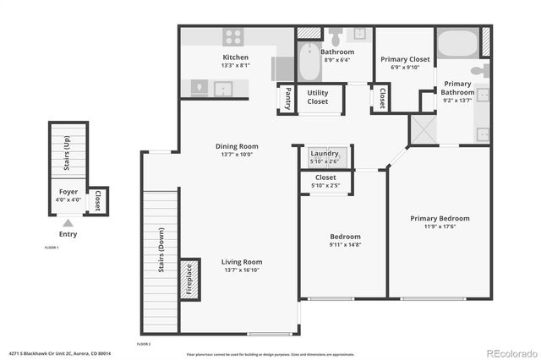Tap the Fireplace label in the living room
pyautogui.click(x=190, y=280)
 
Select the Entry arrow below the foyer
pyautogui.click(x=67, y=222)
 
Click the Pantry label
pyautogui.click(x=288, y=99)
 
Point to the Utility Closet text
pyautogui.click(x=318, y=97)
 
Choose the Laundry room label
pyautogui.click(x=325, y=154)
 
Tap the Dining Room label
pyautogui.click(x=237, y=146)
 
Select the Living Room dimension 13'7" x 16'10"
pyautogui.click(x=242, y=270)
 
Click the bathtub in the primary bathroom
pyautogui.click(x=456, y=41)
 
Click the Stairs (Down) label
pyautogui.click(x=161, y=249)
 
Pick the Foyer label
pyautogui.click(x=68, y=192)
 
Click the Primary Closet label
pyautogui.click(x=405, y=59)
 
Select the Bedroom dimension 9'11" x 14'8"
pyautogui.click(x=345, y=245)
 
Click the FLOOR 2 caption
pyautogui.click(x=144, y=344)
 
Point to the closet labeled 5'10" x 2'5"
pyautogui.click(x=325, y=182)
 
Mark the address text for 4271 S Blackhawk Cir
pyautogui.click(x=60, y=353)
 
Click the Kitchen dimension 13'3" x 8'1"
pyautogui.click(x=235, y=65)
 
